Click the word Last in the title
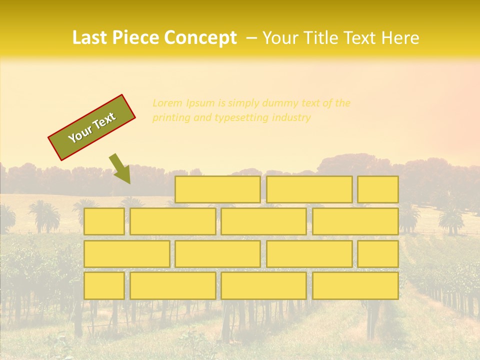pyautogui.click(x=90, y=38)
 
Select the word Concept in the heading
pyautogui.click(x=201, y=38)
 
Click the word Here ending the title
pyautogui.click(x=400, y=38)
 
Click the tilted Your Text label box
pyautogui.click(x=92, y=127)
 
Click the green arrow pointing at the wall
pyautogui.click(x=120, y=168)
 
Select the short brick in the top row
pyautogui.click(x=378, y=189)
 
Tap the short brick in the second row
pyautogui.click(x=104, y=221)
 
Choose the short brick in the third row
pyautogui.click(x=378, y=253)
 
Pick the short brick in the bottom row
pyautogui.click(x=104, y=285)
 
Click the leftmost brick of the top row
pyautogui.click(x=217, y=189)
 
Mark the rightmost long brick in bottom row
pyautogui.click(x=355, y=285)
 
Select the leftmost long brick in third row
pyautogui.click(x=126, y=253)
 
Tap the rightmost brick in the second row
pyautogui.click(x=355, y=221)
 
